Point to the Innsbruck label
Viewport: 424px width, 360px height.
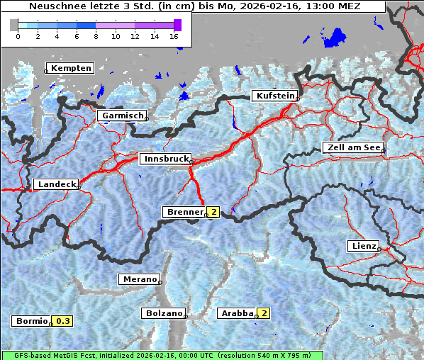pyautogui.click(x=165, y=159)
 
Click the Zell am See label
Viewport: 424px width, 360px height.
pyautogui.click(x=352, y=147)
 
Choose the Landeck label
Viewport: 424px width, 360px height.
pyautogui.click(x=57, y=184)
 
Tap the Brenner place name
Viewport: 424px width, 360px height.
pyautogui.click(x=184, y=212)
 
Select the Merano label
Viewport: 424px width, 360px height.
pyautogui.click(x=140, y=279)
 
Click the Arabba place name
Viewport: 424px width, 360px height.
pyautogui.click(x=237, y=313)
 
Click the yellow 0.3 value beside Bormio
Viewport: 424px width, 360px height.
pyautogui.click(x=63, y=321)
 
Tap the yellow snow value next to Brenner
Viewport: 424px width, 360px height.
pyautogui.click(x=213, y=212)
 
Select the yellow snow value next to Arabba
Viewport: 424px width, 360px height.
pyautogui.click(x=264, y=313)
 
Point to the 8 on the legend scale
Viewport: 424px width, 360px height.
pyautogui.click(x=96, y=36)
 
